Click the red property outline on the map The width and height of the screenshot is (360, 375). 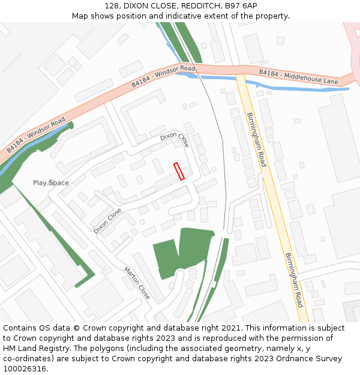click(179, 171)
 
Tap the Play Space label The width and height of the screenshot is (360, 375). click(50, 183)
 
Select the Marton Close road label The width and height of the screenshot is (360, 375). click(137, 283)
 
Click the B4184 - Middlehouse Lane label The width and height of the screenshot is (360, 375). click(298, 76)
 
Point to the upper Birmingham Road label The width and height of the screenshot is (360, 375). click(256, 139)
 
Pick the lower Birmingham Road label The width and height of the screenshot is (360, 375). click(293, 280)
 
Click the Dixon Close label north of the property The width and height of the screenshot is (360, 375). click(175, 140)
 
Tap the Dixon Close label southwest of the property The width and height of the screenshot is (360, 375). click(107, 221)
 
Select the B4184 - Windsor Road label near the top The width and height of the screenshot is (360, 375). click(163, 77)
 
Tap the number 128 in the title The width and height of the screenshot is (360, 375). click(111, 5)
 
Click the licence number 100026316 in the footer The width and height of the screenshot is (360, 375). click(25, 369)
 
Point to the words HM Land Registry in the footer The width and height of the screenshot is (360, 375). click(37, 349)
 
